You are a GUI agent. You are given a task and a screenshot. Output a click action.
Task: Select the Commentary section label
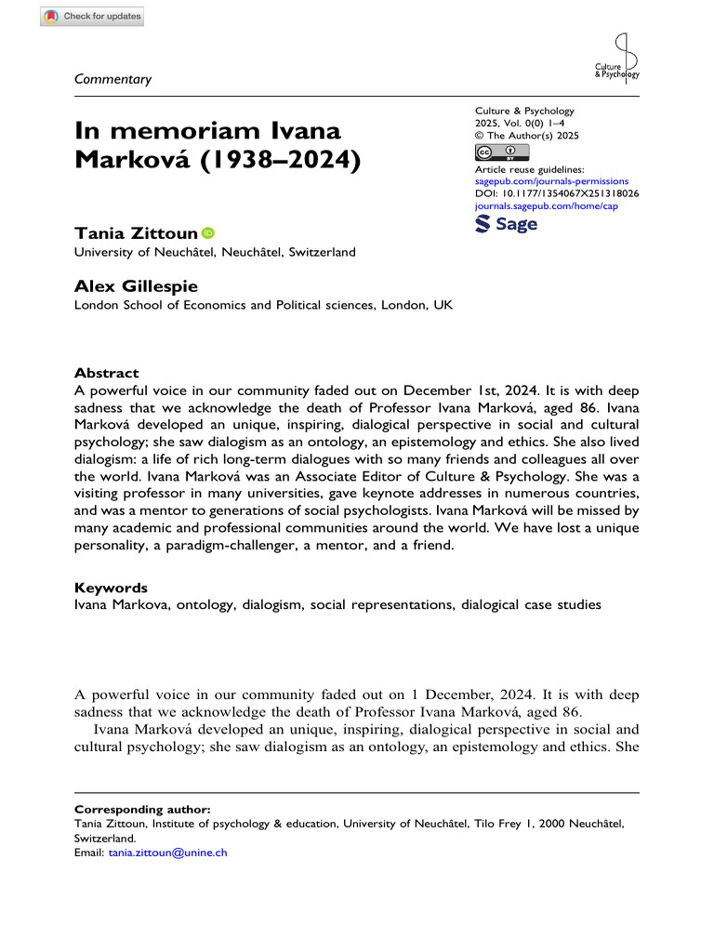112,79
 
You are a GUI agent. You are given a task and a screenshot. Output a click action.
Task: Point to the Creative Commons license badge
501,152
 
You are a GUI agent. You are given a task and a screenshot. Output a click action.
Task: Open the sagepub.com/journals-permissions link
550,181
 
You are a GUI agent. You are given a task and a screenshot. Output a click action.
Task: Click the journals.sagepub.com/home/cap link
546,205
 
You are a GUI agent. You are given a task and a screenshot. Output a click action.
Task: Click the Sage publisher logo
506,225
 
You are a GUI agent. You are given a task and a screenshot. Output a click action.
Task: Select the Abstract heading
106,373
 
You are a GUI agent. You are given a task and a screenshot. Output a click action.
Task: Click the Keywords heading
110,588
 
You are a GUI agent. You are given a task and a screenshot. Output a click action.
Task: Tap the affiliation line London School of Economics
263,305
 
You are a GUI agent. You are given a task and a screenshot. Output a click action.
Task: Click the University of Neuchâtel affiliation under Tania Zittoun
214,252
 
